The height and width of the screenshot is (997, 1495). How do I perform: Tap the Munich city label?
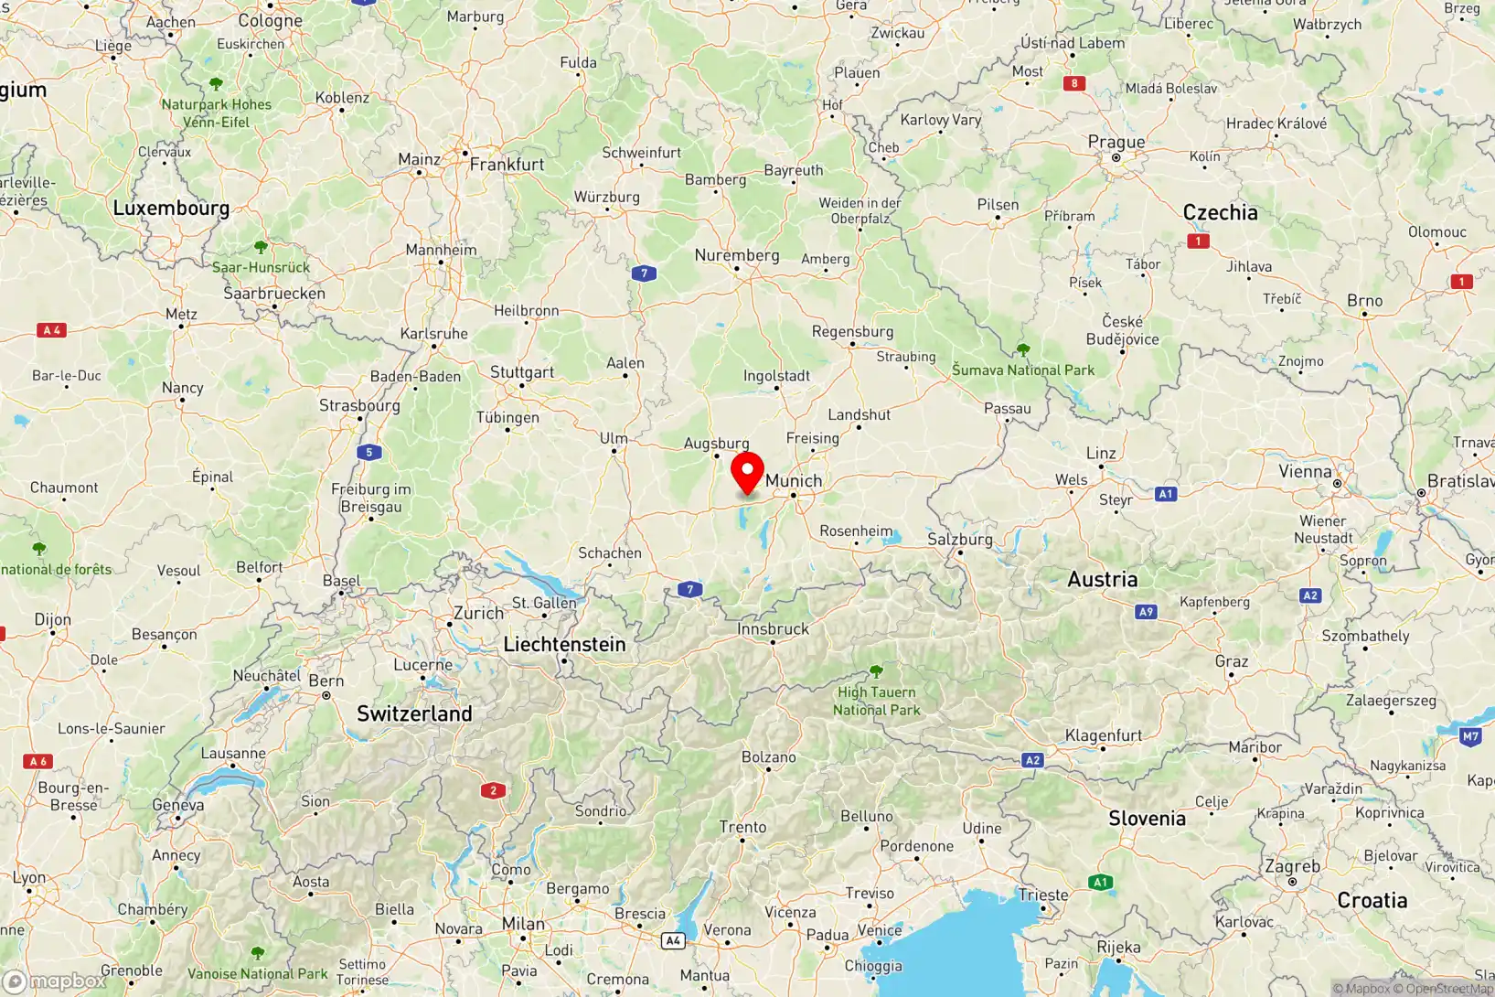794,480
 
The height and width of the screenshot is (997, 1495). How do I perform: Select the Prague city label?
1116,142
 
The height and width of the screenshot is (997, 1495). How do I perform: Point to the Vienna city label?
1305,471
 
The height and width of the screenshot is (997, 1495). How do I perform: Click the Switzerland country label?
414,713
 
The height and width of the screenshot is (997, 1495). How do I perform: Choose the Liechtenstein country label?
564,644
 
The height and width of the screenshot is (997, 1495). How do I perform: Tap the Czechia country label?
1220,212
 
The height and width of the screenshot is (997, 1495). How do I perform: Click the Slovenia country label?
1147,819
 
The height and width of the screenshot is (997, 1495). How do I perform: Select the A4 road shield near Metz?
52,330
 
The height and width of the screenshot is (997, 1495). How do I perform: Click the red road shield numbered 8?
1074,83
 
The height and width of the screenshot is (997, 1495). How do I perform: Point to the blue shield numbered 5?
369,452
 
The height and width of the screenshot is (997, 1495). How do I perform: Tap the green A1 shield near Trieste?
1100,883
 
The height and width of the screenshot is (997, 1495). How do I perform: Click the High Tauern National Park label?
876,701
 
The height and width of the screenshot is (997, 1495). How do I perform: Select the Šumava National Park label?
1022,370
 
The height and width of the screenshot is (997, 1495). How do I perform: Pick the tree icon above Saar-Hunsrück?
261,247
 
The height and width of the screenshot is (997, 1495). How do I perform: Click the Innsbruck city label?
773,628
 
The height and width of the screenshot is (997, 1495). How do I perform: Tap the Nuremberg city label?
736,255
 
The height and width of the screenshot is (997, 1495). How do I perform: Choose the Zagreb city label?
1292,866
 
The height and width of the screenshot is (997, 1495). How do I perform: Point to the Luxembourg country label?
171,208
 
